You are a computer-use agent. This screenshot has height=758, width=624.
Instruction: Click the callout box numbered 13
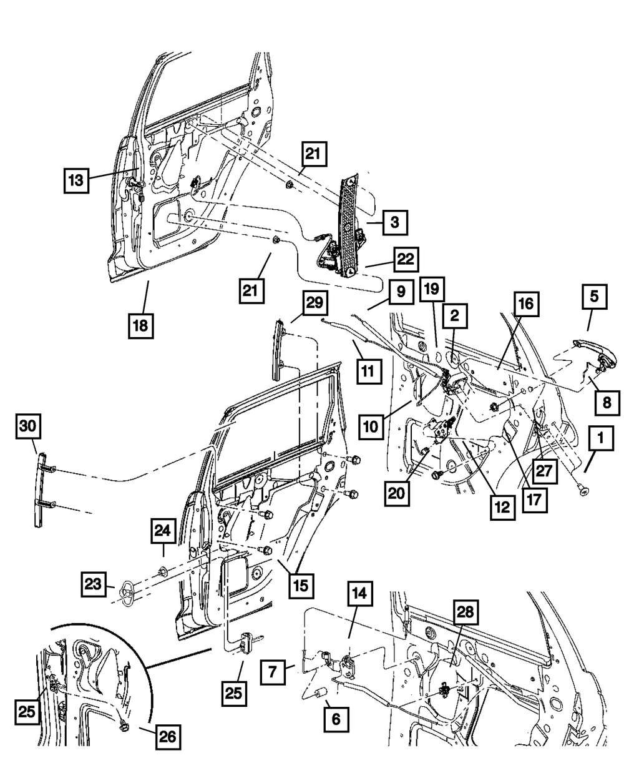76,180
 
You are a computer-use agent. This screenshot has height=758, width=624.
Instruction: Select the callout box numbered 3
395,222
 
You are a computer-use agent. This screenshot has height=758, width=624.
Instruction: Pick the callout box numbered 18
141,326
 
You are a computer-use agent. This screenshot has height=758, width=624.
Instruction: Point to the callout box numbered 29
314,303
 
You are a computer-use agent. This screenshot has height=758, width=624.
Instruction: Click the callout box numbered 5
594,297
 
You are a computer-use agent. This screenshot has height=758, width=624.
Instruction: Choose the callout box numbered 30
28,426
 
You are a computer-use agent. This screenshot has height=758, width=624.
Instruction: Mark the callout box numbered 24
163,531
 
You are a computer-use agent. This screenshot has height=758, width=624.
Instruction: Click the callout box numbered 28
466,613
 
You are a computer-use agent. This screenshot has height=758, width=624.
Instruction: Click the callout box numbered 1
601,438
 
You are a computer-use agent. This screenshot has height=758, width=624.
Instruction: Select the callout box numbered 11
369,372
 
